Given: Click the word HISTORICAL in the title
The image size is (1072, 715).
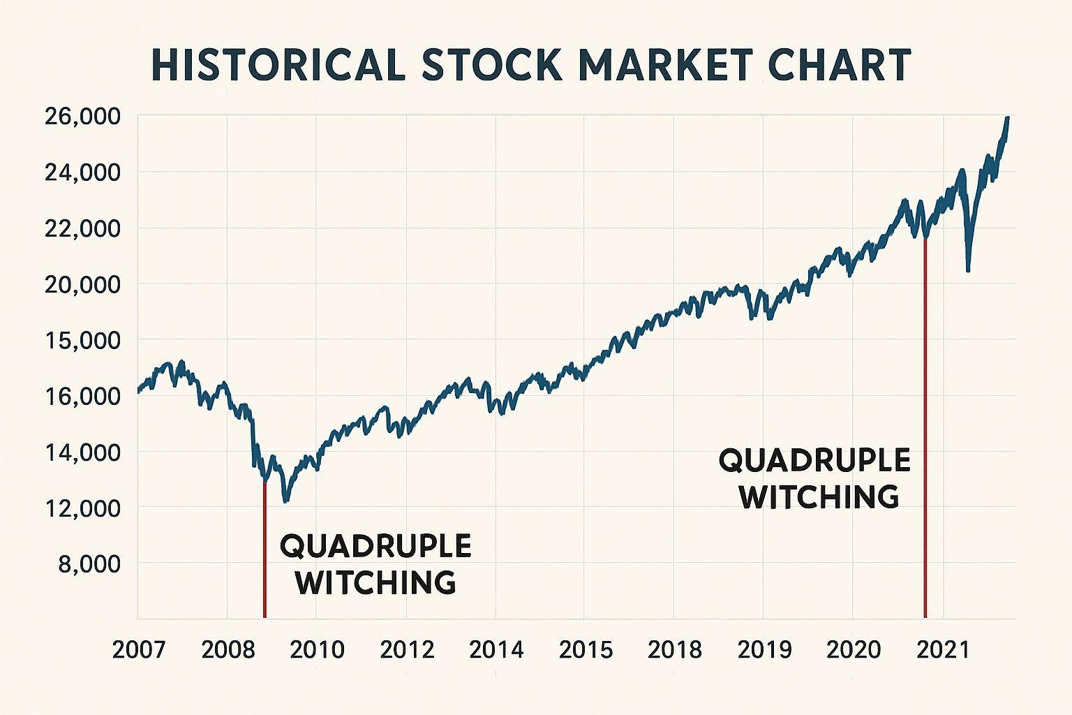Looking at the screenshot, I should pos(278,65).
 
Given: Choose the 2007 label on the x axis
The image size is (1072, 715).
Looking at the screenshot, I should pos(139,650).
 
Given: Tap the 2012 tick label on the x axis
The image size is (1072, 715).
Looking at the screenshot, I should pos(407,650).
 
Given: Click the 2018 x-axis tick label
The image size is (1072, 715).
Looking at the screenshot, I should pos(675,650).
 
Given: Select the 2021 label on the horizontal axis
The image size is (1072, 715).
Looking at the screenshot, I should pos(943,650).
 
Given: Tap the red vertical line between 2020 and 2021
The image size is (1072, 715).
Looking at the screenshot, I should pos(925,426).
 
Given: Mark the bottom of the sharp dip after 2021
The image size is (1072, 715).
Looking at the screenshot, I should pos(967,270).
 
